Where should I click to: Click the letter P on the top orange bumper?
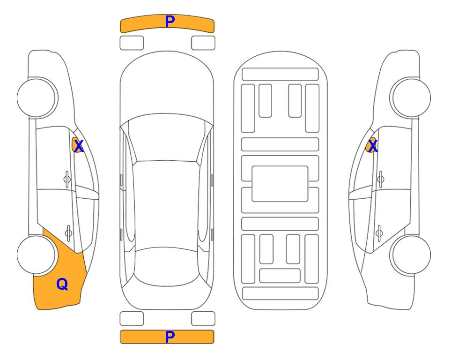coord(170,21)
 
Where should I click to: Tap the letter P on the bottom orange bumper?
coord(170,337)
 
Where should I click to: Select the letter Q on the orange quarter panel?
coord(62,284)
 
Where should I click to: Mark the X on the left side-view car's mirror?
coord(78,146)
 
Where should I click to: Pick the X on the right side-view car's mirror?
coord(372,146)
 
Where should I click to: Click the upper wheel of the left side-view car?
coord(37,97)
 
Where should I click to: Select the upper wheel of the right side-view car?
coord(411,97)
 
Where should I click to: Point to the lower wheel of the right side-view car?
coord(411,255)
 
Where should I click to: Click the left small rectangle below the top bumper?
coord(132,43)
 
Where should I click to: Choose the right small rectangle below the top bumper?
coord(203,43)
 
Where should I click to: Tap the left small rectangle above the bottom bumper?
coord(132,319)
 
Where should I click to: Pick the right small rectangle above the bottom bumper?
coord(203,319)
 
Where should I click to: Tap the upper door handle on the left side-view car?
coord(67,178)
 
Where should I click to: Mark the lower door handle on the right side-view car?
coord(380,231)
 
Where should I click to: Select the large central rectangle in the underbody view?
coord(280,184)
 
